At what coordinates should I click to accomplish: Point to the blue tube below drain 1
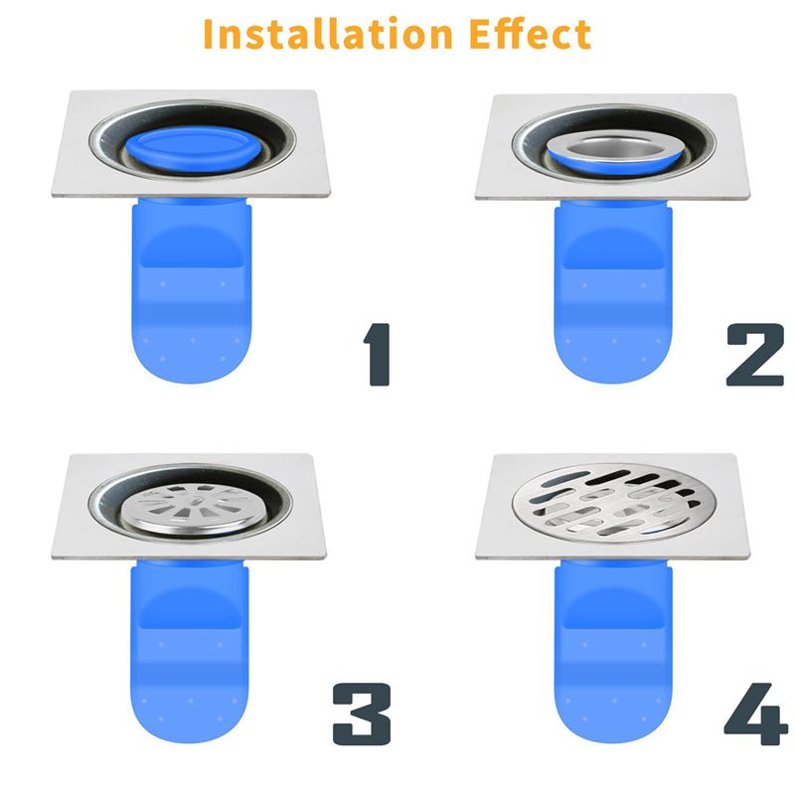pyautogui.click(x=188, y=298)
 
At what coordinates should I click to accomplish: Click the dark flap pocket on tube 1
pyautogui.click(x=190, y=248)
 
